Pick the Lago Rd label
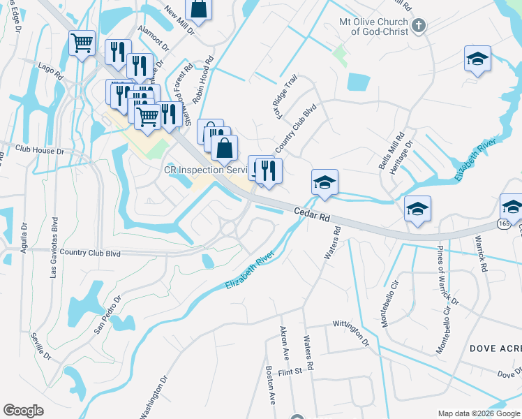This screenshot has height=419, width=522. (52, 70)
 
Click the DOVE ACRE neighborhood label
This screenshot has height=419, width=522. (495, 347)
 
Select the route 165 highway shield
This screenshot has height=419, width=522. (503, 223)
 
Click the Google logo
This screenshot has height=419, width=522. (24, 411)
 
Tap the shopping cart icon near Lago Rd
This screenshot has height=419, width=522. (82, 43)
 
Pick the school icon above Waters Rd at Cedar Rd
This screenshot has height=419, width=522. (325, 182)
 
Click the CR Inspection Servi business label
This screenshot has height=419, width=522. (205, 170)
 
